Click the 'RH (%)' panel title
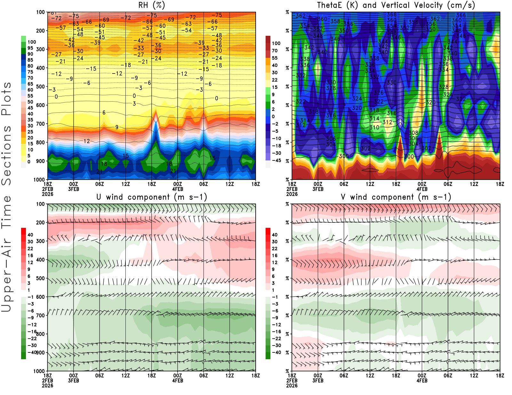pyautogui.click(x=151, y=5)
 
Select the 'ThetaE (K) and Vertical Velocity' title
pyautogui.click(x=396, y=5)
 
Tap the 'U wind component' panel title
pyautogui.click(x=151, y=197)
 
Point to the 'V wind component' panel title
pyautogui.click(x=396, y=197)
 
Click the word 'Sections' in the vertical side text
pyautogui.click(x=6, y=155)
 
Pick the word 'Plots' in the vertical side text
pyautogui.click(x=6, y=99)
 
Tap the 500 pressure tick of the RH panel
pyautogui.click(x=40, y=87)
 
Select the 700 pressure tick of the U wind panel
pyautogui.click(x=40, y=315)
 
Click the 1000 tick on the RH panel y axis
pyautogui.click(x=39, y=180)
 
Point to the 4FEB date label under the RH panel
pyautogui.click(x=178, y=189)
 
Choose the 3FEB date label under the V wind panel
pyautogui.click(x=318, y=381)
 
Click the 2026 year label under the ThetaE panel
pyautogui.click(x=292, y=194)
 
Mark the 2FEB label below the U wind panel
pyautogui.click(x=47, y=381)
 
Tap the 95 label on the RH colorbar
pyautogui.click(x=30, y=48)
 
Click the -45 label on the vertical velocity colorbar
pyautogui.click(x=276, y=160)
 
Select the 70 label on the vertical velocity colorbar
pyautogui.click(x=275, y=50)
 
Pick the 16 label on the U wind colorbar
pyautogui.click(x=30, y=255)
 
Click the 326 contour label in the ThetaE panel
pyautogui.click(x=379, y=93)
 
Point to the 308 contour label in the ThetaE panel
pyautogui.click(x=413, y=133)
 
